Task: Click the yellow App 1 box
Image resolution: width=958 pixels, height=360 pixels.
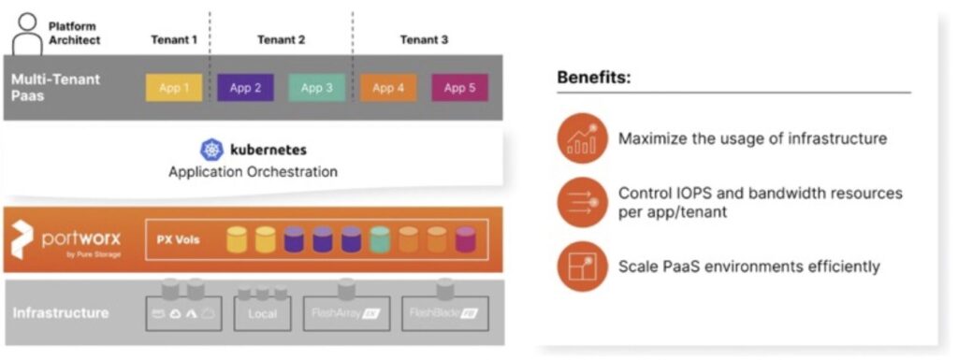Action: pyautogui.click(x=173, y=88)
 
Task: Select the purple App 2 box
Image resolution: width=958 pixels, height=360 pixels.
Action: pyautogui.click(x=245, y=88)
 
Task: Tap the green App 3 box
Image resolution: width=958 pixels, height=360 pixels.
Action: pyautogui.click(x=317, y=88)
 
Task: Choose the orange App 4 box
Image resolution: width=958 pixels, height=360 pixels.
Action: pyautogui.click(x=388, y=88)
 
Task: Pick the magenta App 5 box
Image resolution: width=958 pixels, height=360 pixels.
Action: pyautogui.click(x=459, y=88)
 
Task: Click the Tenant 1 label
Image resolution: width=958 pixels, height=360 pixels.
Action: pyautogui.click(x=174, y=39)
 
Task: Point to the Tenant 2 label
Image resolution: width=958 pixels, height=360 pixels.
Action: pyautogui.click(x=282, y=39)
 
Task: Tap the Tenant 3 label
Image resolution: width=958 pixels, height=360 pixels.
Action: pyautogui.click(x=424, y=39)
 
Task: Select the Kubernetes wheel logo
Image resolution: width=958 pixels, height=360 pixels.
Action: pyautogui.click(x=212, y=150)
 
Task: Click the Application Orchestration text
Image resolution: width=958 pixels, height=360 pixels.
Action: pyautogui.click(x=253, y=172)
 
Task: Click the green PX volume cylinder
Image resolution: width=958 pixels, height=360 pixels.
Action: pyautogui.click(x=379, y=240)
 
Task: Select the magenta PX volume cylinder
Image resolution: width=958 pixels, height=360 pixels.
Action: pyautogui.click(x=465, y=240)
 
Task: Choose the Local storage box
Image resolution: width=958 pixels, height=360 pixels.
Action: pyautogui.click(x=262, y=312)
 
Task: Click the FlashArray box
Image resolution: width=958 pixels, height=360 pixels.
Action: pyautogui.click(x=346, y=312)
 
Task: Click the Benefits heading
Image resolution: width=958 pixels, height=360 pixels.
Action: pyautogui.click(x=594, y=78)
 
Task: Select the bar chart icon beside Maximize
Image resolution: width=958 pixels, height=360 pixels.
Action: pyautogui.click(x=583, y=139)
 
